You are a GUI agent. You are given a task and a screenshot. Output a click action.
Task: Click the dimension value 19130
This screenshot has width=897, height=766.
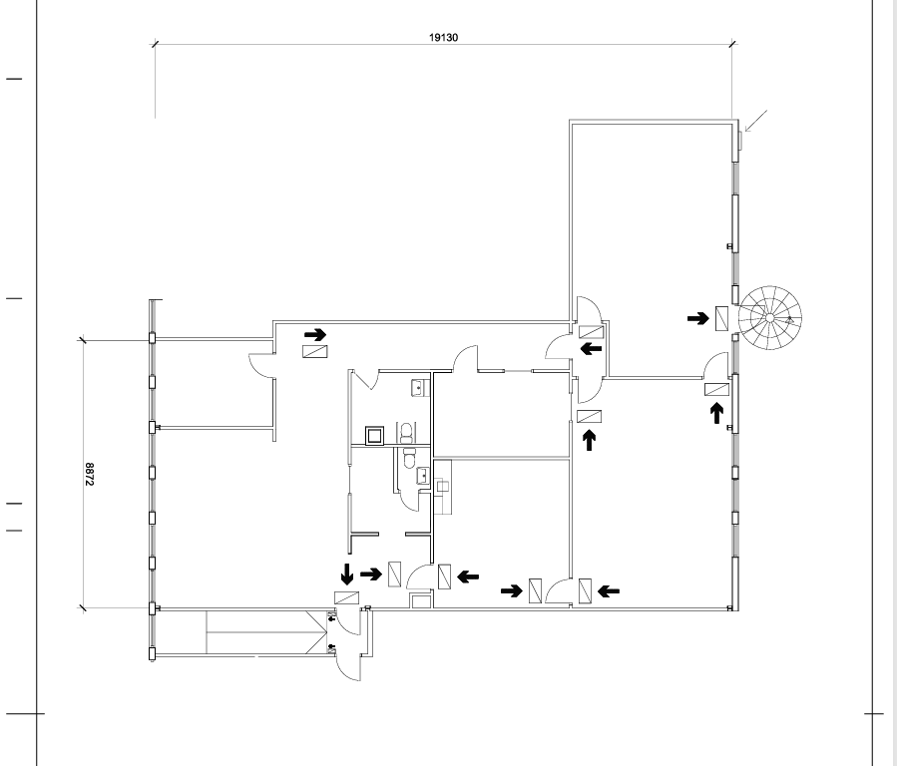pos(443,38)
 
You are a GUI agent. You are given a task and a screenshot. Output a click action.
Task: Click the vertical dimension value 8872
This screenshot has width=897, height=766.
pos(89,475)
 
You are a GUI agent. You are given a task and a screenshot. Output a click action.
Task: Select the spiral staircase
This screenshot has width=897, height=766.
pos(770,317)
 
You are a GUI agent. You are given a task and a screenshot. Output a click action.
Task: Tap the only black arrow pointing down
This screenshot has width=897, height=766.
pos(346,574)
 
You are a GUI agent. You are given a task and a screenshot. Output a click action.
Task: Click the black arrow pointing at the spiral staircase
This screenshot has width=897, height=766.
pos(697,318)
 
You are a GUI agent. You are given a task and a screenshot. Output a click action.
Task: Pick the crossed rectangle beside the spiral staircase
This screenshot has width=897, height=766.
pos(722,318)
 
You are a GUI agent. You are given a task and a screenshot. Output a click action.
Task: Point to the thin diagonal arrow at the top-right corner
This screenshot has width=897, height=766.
pos(755,122)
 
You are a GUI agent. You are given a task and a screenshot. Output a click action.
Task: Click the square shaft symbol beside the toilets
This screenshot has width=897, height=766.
pos(374,436)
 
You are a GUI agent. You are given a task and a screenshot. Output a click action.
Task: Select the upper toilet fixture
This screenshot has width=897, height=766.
pos(406,432)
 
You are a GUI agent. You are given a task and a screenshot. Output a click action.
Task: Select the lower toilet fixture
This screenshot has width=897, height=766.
pos(408,458)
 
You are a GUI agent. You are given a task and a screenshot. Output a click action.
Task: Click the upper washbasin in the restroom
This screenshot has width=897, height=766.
pos(420,388)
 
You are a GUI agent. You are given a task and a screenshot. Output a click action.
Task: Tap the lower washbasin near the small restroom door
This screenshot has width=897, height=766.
pos(423,476)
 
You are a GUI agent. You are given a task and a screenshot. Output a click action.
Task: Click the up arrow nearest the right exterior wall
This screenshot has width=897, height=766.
pos(716,413)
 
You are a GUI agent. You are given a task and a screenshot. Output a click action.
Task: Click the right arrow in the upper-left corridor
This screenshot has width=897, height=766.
pos(315,334)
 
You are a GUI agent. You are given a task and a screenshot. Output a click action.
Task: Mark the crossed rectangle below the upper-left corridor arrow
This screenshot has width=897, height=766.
pos(315,351)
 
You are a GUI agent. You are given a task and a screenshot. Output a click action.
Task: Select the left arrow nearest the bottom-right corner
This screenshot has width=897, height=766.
pos(608,591)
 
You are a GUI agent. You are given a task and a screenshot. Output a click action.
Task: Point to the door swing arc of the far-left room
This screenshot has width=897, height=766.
pos(260,366)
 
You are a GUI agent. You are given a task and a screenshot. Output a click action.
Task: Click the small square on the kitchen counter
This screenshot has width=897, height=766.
pos(442,487)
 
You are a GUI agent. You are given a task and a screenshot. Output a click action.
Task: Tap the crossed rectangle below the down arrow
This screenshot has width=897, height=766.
pos(346,597)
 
